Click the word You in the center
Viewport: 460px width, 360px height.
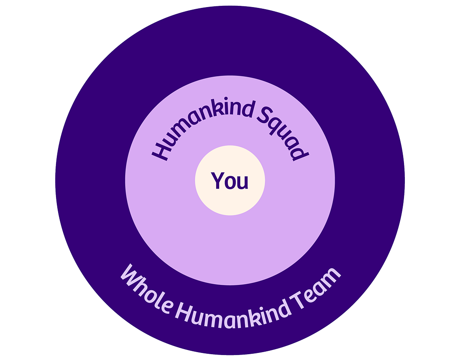coord(230,181)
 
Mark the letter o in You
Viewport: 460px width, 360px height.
coord(230,182)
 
